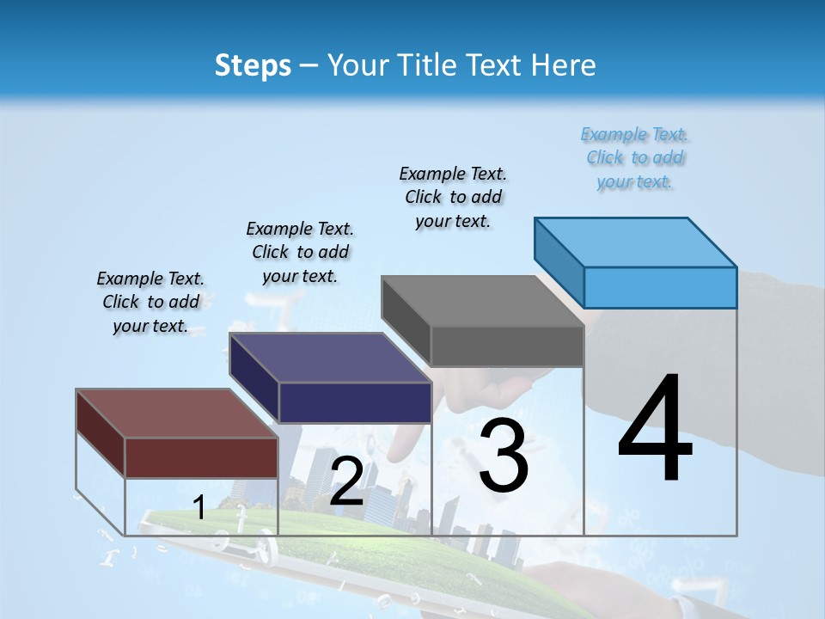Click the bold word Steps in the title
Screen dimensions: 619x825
click(x=253, y=65)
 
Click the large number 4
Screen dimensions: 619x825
click(x=655, y=430)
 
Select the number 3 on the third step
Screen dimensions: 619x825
click(x=504, y=456)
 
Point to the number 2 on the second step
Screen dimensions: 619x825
click(x=346, y=481)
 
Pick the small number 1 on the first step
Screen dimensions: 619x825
click(x=199, y=507)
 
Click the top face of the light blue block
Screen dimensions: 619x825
click(x=636, y=242)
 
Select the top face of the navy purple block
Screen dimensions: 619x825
click(x=331, y=358)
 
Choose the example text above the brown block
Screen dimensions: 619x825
click(x=150, y=302)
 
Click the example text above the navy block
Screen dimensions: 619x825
click(x=300, y=252)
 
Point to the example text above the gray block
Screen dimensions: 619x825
click(x=453, y=197)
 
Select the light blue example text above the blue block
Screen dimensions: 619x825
click(x=635, y=157)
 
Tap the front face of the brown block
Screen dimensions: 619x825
click(x=202, y=457)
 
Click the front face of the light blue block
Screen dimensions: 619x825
click(x=660, y=287)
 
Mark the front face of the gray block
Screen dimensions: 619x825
click(x=507, y=346)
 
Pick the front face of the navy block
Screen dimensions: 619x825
click(x=355, y=402)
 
